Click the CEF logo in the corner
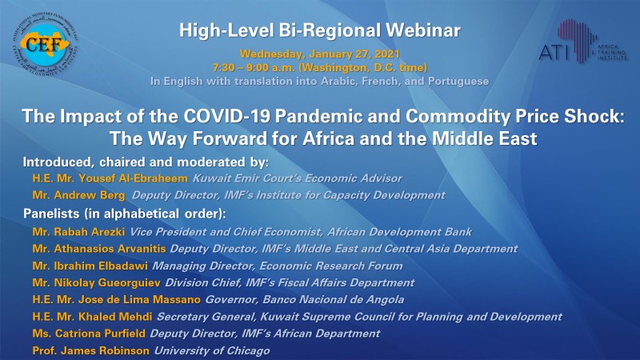tap(45, 45)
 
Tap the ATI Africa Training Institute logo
tap(583, 42)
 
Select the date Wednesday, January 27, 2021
tap(319, 54)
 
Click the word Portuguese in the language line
tap(458, 82)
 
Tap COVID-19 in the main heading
tap(226, 116)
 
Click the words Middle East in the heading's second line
tap(485, 138)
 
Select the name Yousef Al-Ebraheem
tap(133, 178)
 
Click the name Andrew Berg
tap(90, 195)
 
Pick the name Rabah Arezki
tap(90, 232)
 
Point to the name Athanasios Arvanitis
tap(110, 249)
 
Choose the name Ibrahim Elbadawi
tap(101, 266)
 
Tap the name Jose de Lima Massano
tap(139, 299)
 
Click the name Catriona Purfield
tap(100, 334)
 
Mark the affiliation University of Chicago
tap(212, 350)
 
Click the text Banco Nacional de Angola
tap(333, 299)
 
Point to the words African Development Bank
tap(399, 232)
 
